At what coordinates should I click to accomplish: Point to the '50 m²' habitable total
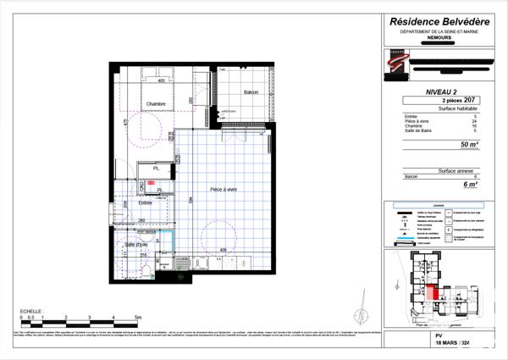(x=468, y=145)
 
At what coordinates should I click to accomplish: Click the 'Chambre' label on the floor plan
(x=156, y=104)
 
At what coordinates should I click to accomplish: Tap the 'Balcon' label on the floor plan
(x=251, y=91)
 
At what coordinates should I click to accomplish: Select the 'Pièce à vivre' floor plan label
(x=218, y=190)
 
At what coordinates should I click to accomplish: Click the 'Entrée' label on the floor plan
(x=146, y=203)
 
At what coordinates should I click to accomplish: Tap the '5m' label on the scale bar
(x=137, y=316)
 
